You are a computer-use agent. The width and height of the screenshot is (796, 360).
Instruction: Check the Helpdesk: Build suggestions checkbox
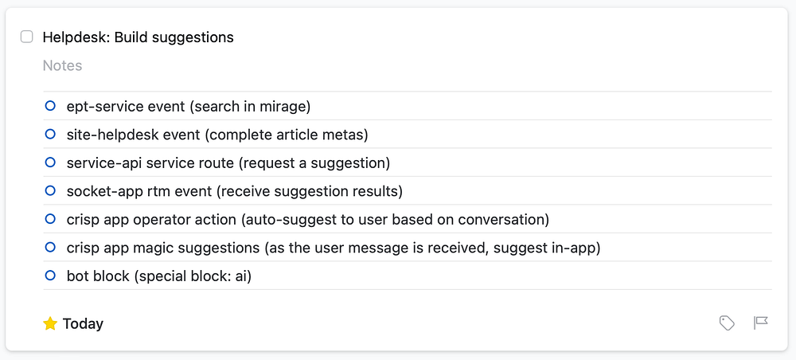pyautogui.click(x=27, y=37)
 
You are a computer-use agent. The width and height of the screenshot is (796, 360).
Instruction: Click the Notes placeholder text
pyautogui.click(x=62, y=65)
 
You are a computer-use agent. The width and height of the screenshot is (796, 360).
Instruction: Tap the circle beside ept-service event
pyautogui.click(x=50, y=105)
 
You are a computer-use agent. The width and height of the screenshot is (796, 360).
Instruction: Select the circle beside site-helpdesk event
pyautogui.click(x=50, y=134)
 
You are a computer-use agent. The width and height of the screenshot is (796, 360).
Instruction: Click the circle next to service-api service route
pyautogui.click(x=50, y=162)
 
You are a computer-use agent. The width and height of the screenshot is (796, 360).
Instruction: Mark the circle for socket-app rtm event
pyautogui.click(x=50, y=190)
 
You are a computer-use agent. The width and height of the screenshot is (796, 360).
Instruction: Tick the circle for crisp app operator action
pyautogui.click(x=50, y=219)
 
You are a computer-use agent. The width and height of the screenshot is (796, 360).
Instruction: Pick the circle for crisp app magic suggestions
pyautogui.click(x=50, y=248)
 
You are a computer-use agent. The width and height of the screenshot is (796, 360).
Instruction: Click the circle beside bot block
pyautogui.click(x=50, y=276)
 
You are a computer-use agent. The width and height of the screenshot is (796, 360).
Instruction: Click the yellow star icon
pyautogui.click(x=50, y=323)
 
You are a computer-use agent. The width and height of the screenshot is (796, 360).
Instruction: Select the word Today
pyautogui.click(x=83, y=323)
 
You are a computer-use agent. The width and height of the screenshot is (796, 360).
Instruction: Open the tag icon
pyautogui.click(x=727, y=323)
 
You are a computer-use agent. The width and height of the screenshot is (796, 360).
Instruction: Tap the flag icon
pyautogui.click(x=761, y=323)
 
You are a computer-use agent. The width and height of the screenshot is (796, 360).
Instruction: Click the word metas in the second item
pyautogui.click(x=343, y=135)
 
